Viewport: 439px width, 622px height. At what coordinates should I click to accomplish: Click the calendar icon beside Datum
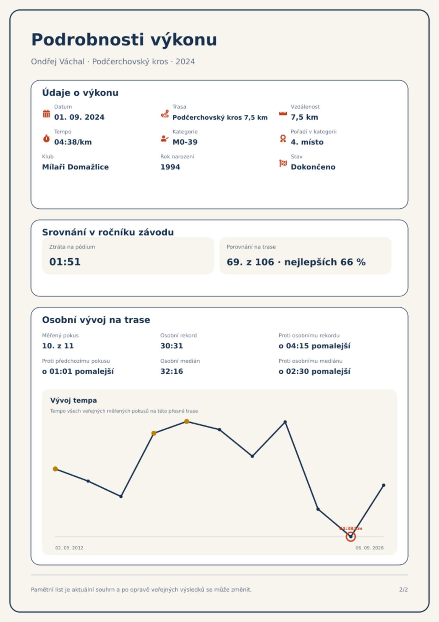(46, 114)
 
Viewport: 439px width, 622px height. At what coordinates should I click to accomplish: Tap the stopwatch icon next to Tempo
(46, 138)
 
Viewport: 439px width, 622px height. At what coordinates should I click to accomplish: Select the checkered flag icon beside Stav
(283, 163)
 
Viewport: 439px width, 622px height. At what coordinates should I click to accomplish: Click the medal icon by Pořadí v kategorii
(283, 138)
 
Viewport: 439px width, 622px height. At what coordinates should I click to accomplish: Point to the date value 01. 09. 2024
(79, 117)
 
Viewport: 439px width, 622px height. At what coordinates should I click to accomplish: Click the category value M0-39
(185, 142)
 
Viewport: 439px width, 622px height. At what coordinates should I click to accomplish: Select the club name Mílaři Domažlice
(75, 167)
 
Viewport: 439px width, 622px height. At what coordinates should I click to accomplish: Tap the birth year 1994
(170, 167)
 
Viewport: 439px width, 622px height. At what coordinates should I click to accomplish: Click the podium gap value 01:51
(65, 262)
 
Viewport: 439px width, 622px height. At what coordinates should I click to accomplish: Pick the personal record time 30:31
(172, 346)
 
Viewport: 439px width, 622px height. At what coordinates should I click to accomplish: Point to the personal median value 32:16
(172, 371)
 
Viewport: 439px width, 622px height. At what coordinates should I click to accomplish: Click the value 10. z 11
(58, 346)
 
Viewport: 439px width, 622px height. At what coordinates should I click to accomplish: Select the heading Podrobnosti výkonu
(124, 40)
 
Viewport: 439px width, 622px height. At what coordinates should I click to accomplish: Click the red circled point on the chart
(351, 537)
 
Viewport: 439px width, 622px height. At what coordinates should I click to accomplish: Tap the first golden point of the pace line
(55, 469)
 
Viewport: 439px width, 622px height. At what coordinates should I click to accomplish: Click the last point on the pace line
(383, 485)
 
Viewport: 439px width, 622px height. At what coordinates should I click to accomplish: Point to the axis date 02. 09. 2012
(69, 548)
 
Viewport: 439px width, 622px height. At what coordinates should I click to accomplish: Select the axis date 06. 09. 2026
(370, 548)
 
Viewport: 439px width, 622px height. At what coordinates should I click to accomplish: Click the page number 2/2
(403, 590)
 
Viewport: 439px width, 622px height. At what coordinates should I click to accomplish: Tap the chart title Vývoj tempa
(74, 400)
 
